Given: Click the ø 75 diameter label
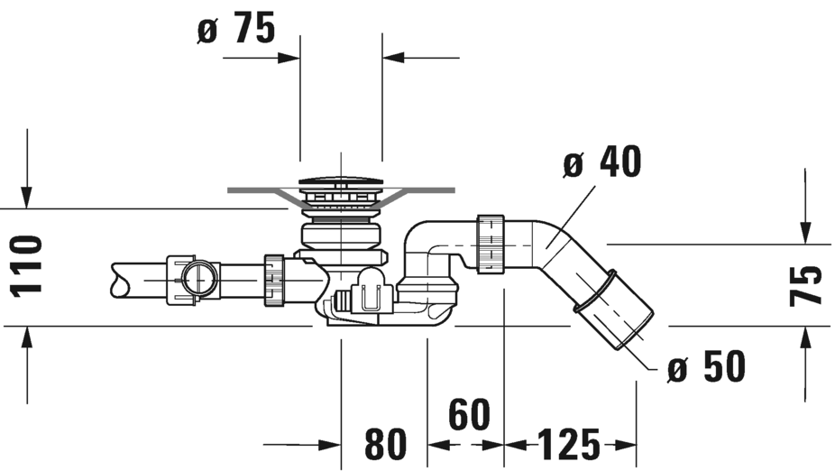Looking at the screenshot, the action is (236, 28).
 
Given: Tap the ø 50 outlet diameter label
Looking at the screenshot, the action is (706, 366).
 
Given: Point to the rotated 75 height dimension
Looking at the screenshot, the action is (805, 286).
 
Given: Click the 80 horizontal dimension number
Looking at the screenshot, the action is (386, 444).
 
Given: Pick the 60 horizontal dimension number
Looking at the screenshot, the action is (469, 414).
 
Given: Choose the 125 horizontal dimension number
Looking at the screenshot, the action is (569, 444).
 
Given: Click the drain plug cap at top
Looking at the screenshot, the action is (341, 181).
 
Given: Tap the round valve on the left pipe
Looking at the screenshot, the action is (198, 278).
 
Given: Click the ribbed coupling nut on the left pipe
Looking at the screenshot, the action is (273, 281).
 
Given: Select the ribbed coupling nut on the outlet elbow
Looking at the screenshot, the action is (491, 245).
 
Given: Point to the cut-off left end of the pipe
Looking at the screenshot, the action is (120, 281).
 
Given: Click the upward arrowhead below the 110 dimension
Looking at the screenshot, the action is (27, 337).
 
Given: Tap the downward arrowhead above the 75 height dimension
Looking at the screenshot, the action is (805, 233).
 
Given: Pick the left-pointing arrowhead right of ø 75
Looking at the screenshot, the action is (393, 58).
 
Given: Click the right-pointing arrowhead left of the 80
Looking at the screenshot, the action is (330, 444).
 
